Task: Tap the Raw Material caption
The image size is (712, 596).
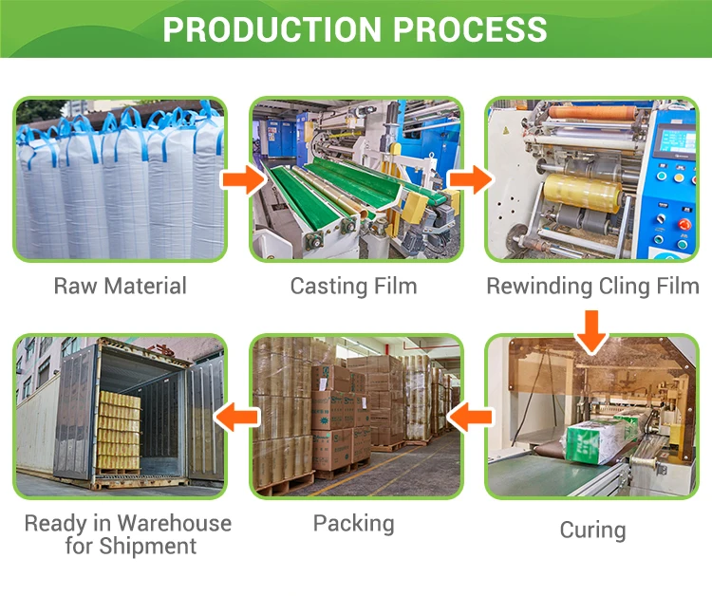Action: tap(120, 286)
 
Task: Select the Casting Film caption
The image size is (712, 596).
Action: tap(354, 286)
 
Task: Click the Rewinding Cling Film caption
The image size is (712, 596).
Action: tap(592, 286)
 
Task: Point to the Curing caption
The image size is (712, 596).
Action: tap(592, 530)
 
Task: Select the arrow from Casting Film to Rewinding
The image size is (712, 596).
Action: tap(469, 177)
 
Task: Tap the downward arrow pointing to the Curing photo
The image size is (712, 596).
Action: tap(592, 329)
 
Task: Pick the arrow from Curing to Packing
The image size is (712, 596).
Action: tap(471, 414)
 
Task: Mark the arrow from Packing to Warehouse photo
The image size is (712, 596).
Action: tap(236, 414)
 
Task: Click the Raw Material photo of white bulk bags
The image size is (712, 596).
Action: tap(120, 179)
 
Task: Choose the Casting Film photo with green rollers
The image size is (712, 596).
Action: tap(356, 179)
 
